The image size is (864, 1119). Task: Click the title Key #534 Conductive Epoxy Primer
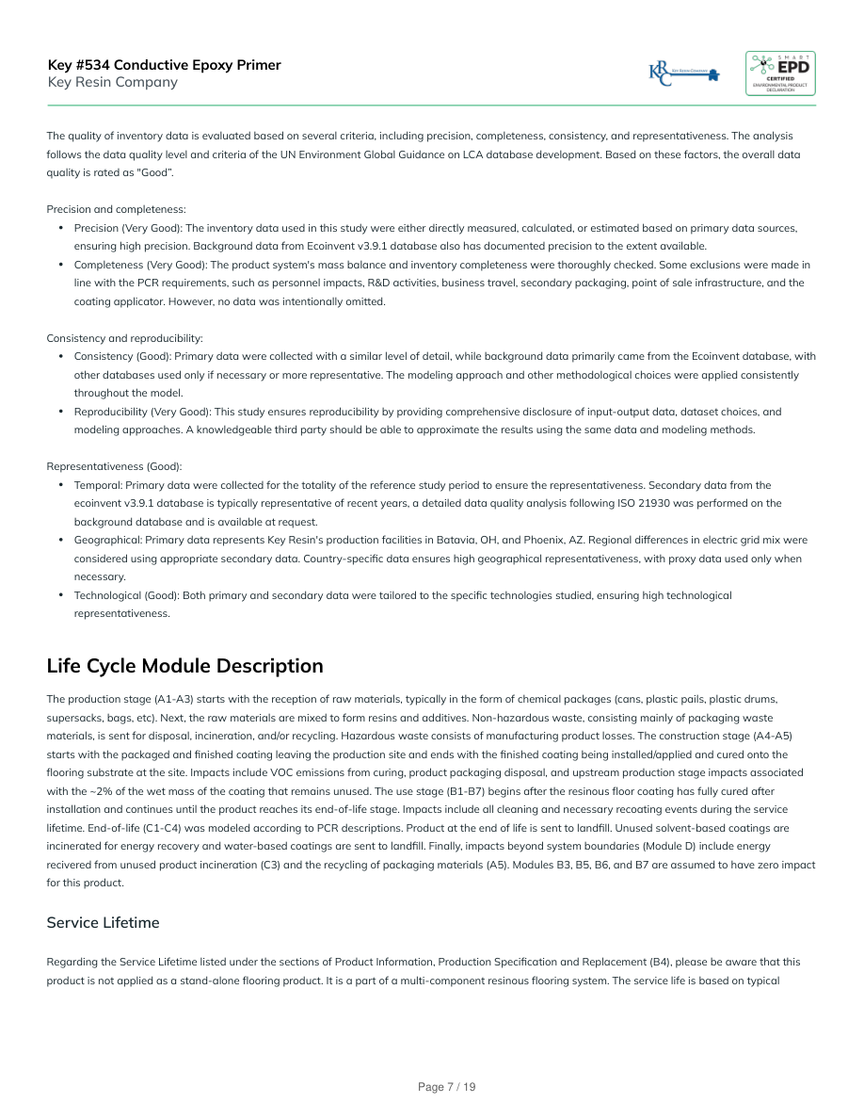click(x=164, y=65)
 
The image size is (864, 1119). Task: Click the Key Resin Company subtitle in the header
click(x=112, y=82)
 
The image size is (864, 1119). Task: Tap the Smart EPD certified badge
click(x=780, y=73)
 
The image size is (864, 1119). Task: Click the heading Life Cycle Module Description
click(x=184, y=666)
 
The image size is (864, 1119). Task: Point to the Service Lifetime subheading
click(x=103, y=922)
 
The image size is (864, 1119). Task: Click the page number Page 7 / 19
click(x=447, y=1087)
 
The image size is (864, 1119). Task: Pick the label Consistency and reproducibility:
click(x=124, y=338)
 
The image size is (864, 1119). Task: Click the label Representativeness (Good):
click(x=114, y=466)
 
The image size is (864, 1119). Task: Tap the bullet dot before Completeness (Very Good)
click(x=61, y=265)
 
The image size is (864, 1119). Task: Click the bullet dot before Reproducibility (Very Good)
click(x=61, y=412)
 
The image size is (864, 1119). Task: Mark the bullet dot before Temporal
click(x=61, y=485)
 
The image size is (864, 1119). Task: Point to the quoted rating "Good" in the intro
click(x=154, y=172)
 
